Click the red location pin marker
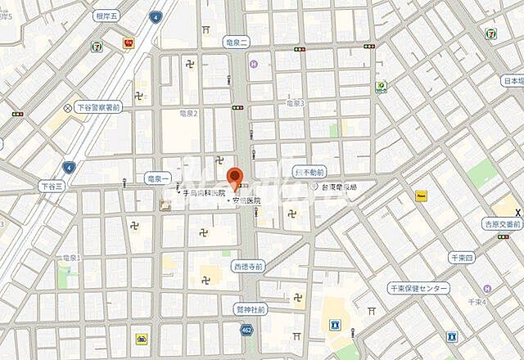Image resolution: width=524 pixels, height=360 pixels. [x=235, y=177]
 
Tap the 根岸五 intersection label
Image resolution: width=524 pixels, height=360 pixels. [x=106, y=15]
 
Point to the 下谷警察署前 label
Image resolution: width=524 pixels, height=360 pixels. [x=98, y=106]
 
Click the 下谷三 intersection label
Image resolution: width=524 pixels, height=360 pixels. [x=50, y=187]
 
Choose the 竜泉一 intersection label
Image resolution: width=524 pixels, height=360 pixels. [x=156, y=177]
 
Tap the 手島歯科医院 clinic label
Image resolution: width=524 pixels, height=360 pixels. [x=202, y=193]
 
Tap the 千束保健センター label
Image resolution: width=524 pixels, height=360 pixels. [x=419, y=289]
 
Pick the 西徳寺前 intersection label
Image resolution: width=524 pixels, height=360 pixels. [x=248, y=267]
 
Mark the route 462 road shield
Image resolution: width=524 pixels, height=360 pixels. [x=246, y=330]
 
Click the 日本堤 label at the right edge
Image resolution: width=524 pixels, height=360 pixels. [x=513, y=81]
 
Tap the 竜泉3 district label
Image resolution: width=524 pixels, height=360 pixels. [x=294, y=104]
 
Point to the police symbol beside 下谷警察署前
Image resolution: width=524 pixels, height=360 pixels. [x=68, y=107]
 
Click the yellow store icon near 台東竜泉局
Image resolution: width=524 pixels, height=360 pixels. [x=422, y=196]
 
